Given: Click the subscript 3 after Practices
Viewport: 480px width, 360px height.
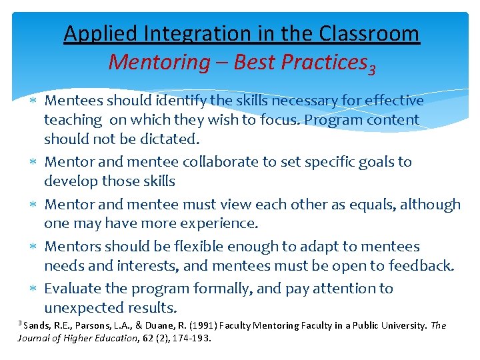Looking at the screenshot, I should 372,68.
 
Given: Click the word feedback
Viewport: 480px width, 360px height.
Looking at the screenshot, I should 419,265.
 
